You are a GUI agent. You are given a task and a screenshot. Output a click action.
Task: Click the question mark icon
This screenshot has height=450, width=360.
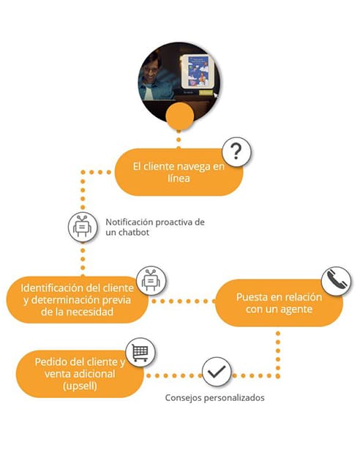(x=236, y=151)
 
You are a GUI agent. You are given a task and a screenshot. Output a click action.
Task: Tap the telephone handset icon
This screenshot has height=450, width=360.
(x=336, y=281)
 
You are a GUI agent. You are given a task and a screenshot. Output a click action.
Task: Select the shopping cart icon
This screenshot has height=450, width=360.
(x=140, y=352)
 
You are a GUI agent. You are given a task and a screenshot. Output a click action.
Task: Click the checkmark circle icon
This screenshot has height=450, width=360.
(x=217, y=372)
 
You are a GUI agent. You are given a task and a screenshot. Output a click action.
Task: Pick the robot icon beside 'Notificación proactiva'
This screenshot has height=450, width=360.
(x=83, y=227)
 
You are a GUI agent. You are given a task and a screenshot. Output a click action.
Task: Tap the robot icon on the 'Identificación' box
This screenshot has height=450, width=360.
(x=151, y=280)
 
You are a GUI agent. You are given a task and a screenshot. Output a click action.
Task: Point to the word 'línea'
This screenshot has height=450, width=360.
(x=179, y=179)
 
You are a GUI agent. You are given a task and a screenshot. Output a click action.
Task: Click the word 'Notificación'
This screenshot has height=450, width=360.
(x=130, y=222)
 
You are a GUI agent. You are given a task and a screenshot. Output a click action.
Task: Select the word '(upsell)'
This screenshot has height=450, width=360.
(x=80, y=386)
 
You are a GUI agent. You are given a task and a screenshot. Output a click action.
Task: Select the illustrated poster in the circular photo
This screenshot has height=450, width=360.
(x=198, y=71)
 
